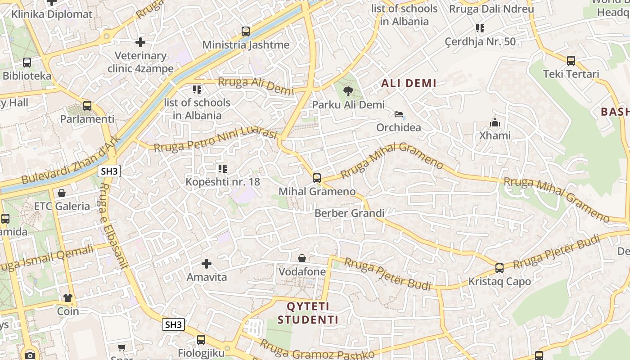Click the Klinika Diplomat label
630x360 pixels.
pos(52,14)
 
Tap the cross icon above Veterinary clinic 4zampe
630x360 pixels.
pos(140,42)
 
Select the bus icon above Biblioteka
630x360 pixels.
pos(27,63)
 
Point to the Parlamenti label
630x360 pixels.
pos(87,119)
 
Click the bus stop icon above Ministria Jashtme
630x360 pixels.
pos(245,31)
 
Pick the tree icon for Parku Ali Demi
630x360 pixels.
pos(348,92)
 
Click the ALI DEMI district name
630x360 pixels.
pos(409,83)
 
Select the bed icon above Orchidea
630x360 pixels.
pos(399,114)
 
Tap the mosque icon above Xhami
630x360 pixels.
pos(495,122)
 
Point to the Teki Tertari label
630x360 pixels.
pos(571,74)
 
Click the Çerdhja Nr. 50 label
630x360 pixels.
pos(480,42)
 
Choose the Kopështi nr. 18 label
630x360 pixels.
pos(223,182)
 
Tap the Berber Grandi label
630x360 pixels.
pos(350,213)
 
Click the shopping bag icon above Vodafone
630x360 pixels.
pos(302,258)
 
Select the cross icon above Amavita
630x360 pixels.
pos(207,263)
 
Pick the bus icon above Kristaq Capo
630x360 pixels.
pos(499,268)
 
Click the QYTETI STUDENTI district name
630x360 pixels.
pos(308,313)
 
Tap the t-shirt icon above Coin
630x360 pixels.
pos(68,297)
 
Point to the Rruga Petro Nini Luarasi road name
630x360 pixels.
pos(215,140)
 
